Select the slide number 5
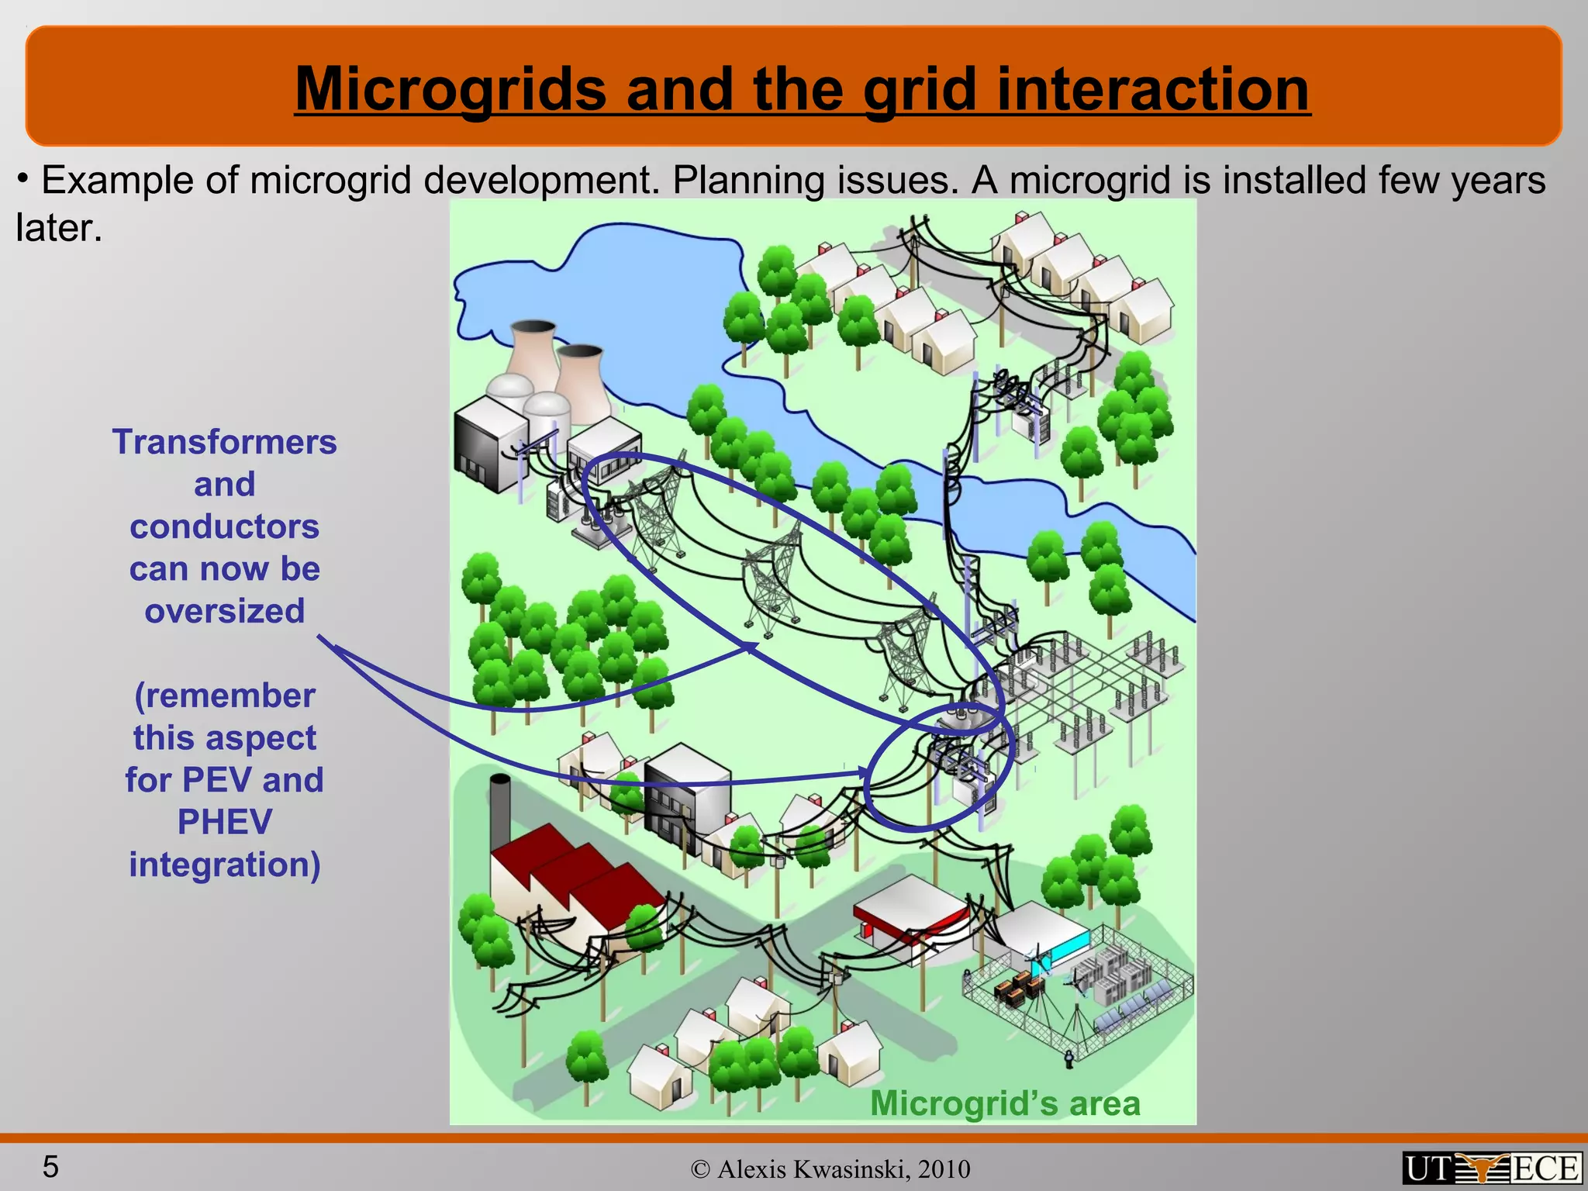[50, 1166]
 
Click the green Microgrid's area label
[1005, 1103]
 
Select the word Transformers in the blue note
[225, 442]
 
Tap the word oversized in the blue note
[225, 611]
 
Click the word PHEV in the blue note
[225, 822]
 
